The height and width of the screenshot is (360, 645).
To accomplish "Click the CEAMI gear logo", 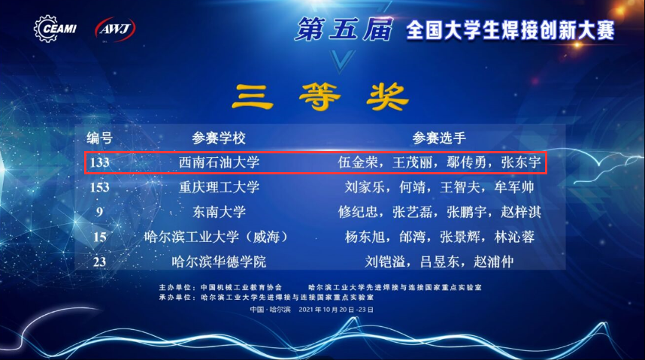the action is pos(55,29).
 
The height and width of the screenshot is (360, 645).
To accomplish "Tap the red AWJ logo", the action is pos(115,29).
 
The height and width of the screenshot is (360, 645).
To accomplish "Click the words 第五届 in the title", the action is pos(344,29).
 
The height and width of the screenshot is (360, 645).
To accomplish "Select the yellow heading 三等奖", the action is pos(320,97).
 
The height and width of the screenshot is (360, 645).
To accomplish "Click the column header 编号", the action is pos(99,138).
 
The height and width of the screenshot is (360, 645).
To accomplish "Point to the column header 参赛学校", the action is pos(219,138).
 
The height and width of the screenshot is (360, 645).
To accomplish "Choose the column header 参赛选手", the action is pos(439,138).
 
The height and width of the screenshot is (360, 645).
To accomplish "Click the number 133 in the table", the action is pos(99,162).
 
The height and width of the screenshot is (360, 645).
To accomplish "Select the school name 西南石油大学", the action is pos(219,162).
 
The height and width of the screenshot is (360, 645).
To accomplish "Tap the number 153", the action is pos(99,188).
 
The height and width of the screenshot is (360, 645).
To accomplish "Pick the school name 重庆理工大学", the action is pos(219,187).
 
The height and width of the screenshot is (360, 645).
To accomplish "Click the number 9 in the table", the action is pos(99,212).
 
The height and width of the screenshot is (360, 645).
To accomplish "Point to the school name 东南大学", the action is pos(219,212).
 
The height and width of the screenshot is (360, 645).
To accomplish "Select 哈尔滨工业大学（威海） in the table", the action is pos(217,237).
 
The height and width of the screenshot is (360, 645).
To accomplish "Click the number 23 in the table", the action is pos(99,262).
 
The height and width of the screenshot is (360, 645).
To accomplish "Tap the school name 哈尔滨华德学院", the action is pos(219,262).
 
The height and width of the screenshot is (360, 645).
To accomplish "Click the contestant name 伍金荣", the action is pos(358,162).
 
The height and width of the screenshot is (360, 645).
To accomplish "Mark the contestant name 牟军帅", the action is pos(514,187).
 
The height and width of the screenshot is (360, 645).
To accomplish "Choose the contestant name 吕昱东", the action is pos(439,262).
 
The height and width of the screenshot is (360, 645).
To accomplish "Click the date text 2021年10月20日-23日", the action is pos(336,310).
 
